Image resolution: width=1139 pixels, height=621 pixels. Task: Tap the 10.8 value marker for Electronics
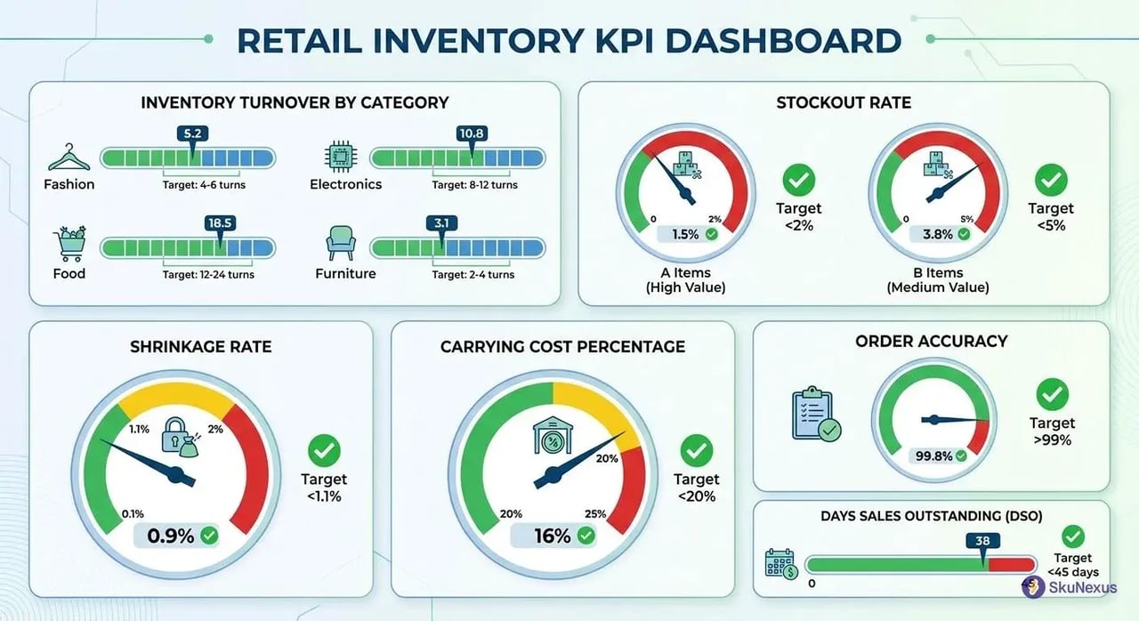(x=471, y=133)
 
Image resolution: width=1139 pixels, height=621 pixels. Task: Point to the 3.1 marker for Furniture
(x=440, y=222)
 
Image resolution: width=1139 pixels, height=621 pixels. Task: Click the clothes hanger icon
(x=69, y=159)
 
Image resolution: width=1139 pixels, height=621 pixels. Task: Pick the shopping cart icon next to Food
(x=69, y=243)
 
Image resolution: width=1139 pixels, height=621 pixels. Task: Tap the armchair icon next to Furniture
(x=341, y=243)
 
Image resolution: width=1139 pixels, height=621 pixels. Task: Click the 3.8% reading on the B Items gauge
(x=939, y=234)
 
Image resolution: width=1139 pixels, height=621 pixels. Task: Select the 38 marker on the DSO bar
(x=982, y=539)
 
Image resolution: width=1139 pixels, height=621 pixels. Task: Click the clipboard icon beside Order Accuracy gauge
(x=815, y=413)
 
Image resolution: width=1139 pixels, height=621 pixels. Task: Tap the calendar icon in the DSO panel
(x=780, y=564)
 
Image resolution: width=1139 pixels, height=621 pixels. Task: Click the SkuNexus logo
(x=1069, y=586)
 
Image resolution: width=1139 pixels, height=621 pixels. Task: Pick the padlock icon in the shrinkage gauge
(x=175, y=437)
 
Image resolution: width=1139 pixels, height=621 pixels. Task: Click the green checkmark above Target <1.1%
(x=322, y=451)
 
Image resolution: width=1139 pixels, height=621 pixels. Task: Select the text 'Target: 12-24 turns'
(x=208, y=274)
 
